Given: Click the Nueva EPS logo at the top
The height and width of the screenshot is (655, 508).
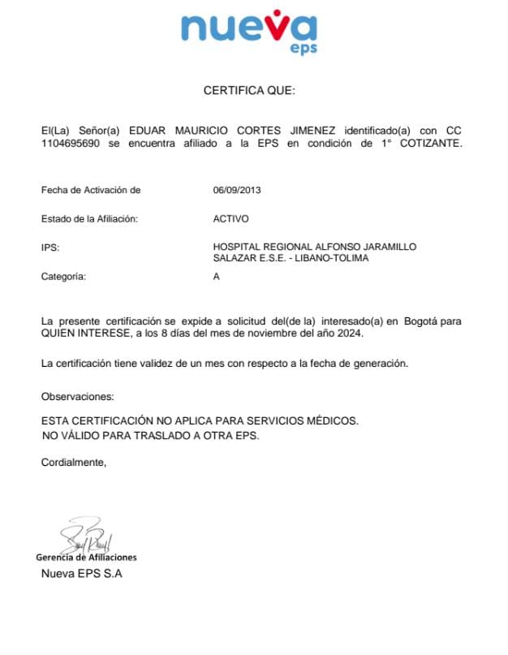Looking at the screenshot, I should click(249, 32).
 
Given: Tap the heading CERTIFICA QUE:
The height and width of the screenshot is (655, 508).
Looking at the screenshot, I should click(249, 91).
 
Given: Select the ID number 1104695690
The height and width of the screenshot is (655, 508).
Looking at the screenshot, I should click(70, 144).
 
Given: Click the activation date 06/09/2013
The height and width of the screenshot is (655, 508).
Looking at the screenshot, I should click(237, 191).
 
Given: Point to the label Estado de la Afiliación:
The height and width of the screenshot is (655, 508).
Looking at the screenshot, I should click(89, 219).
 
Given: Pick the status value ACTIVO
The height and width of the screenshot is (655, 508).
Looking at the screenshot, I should click(230, 219).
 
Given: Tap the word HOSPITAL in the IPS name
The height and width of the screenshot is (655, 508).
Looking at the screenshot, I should click(236, 247).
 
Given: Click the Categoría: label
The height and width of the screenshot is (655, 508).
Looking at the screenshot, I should click(63, 276).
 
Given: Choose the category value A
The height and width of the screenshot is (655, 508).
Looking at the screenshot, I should click(216, 276).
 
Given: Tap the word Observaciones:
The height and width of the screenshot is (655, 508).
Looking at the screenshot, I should click(78, 397).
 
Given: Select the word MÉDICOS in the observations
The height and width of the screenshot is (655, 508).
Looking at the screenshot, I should click(332, 421).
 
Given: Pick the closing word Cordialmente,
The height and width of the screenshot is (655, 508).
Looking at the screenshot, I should click(73, 462).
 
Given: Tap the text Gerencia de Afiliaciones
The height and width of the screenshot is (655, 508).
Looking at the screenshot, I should click(86, 558).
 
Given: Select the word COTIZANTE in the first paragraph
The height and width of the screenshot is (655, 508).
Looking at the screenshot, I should click(431, 144).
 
